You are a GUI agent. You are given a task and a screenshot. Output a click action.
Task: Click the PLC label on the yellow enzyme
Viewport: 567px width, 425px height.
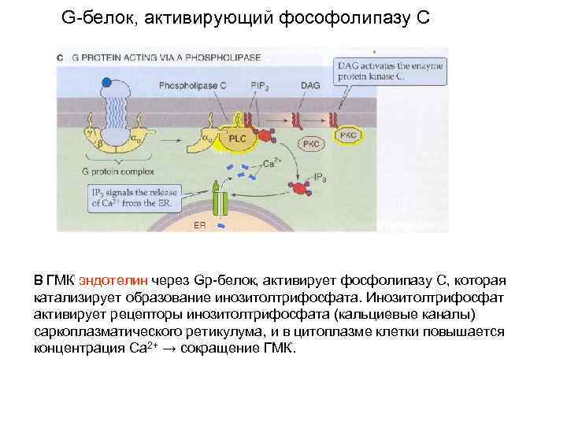237,137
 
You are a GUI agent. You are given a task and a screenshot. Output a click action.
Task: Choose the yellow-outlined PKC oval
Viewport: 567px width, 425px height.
347,136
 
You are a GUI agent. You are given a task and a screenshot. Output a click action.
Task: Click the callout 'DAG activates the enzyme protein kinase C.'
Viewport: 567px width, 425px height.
390,72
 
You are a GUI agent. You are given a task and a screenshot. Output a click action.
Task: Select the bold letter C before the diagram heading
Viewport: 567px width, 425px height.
61,57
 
